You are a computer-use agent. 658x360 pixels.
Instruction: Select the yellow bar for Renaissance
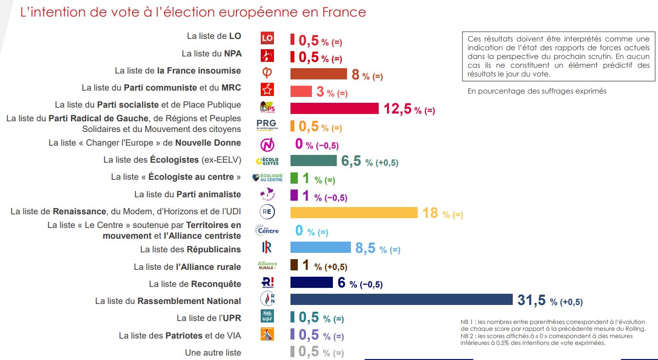click(354, 212)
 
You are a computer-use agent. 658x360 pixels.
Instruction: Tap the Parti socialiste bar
click(334, 108)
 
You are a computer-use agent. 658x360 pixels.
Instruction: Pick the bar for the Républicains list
click(320, 247)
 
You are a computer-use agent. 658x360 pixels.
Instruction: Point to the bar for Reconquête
click(311, 283)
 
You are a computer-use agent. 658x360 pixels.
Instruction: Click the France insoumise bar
click(318, 74)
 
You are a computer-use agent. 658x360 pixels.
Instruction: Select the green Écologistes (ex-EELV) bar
click(313, 161)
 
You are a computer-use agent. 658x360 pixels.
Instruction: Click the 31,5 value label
click(531, 301)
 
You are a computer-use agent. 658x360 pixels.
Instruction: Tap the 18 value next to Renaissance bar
click(430, 213)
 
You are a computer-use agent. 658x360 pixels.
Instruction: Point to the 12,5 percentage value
click(398, 109)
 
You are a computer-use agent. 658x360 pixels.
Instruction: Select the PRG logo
click(267, 126)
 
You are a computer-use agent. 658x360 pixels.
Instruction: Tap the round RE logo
click(267, 212)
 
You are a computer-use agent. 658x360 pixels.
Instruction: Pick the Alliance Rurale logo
click(267, 265)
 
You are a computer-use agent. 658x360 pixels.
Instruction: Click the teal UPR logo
click(267, 316)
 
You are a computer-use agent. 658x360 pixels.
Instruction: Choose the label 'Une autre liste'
click(213, 352)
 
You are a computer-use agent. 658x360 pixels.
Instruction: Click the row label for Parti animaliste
click(188, 194)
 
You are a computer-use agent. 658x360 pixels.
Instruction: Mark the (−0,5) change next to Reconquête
click(366, 284)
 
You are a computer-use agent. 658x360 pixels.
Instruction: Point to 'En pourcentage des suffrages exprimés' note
click(537, 91)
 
